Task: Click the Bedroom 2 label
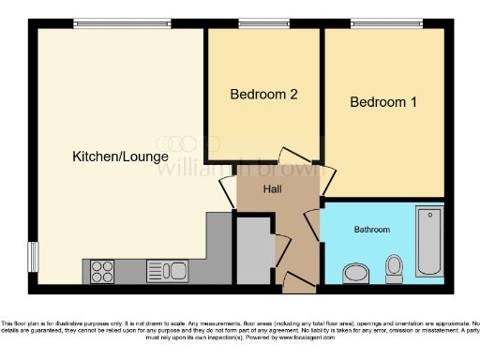point(264,95)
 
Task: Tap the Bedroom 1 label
point(383,102)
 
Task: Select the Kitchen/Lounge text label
point(120,157)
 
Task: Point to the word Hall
point(273,189)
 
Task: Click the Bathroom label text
point(372,229)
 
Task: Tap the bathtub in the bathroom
point(429,240)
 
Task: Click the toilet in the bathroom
point(395,268)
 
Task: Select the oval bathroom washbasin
point(357,273)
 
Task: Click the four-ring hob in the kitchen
point(102,271)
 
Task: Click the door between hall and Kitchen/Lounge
point(228,192)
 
